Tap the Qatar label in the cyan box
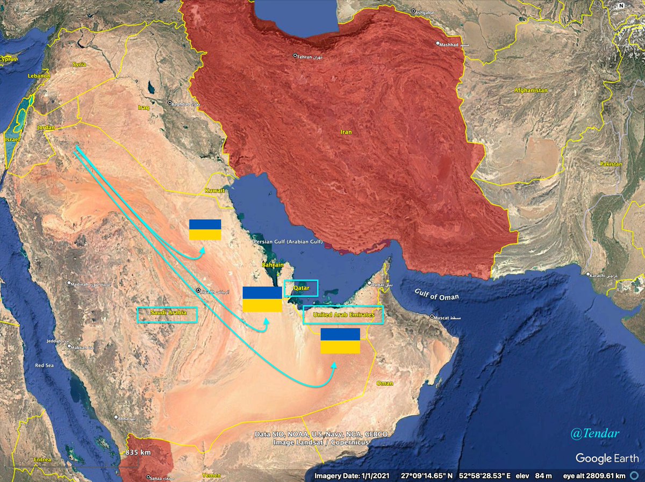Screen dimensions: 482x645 click(300, 289)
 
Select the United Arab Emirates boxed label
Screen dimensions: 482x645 click(343, 315)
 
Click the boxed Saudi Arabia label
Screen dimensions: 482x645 click(167, 314)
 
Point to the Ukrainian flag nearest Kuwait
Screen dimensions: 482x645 click(205, 229)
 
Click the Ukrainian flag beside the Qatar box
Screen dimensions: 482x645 click(262, 299)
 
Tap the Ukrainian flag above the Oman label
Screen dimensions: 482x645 click(340, 341)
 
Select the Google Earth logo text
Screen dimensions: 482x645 click(607, 458)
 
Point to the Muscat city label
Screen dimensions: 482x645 click(444, 317)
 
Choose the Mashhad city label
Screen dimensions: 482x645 click(449, 45)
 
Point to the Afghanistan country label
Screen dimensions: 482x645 click(531, 90)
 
